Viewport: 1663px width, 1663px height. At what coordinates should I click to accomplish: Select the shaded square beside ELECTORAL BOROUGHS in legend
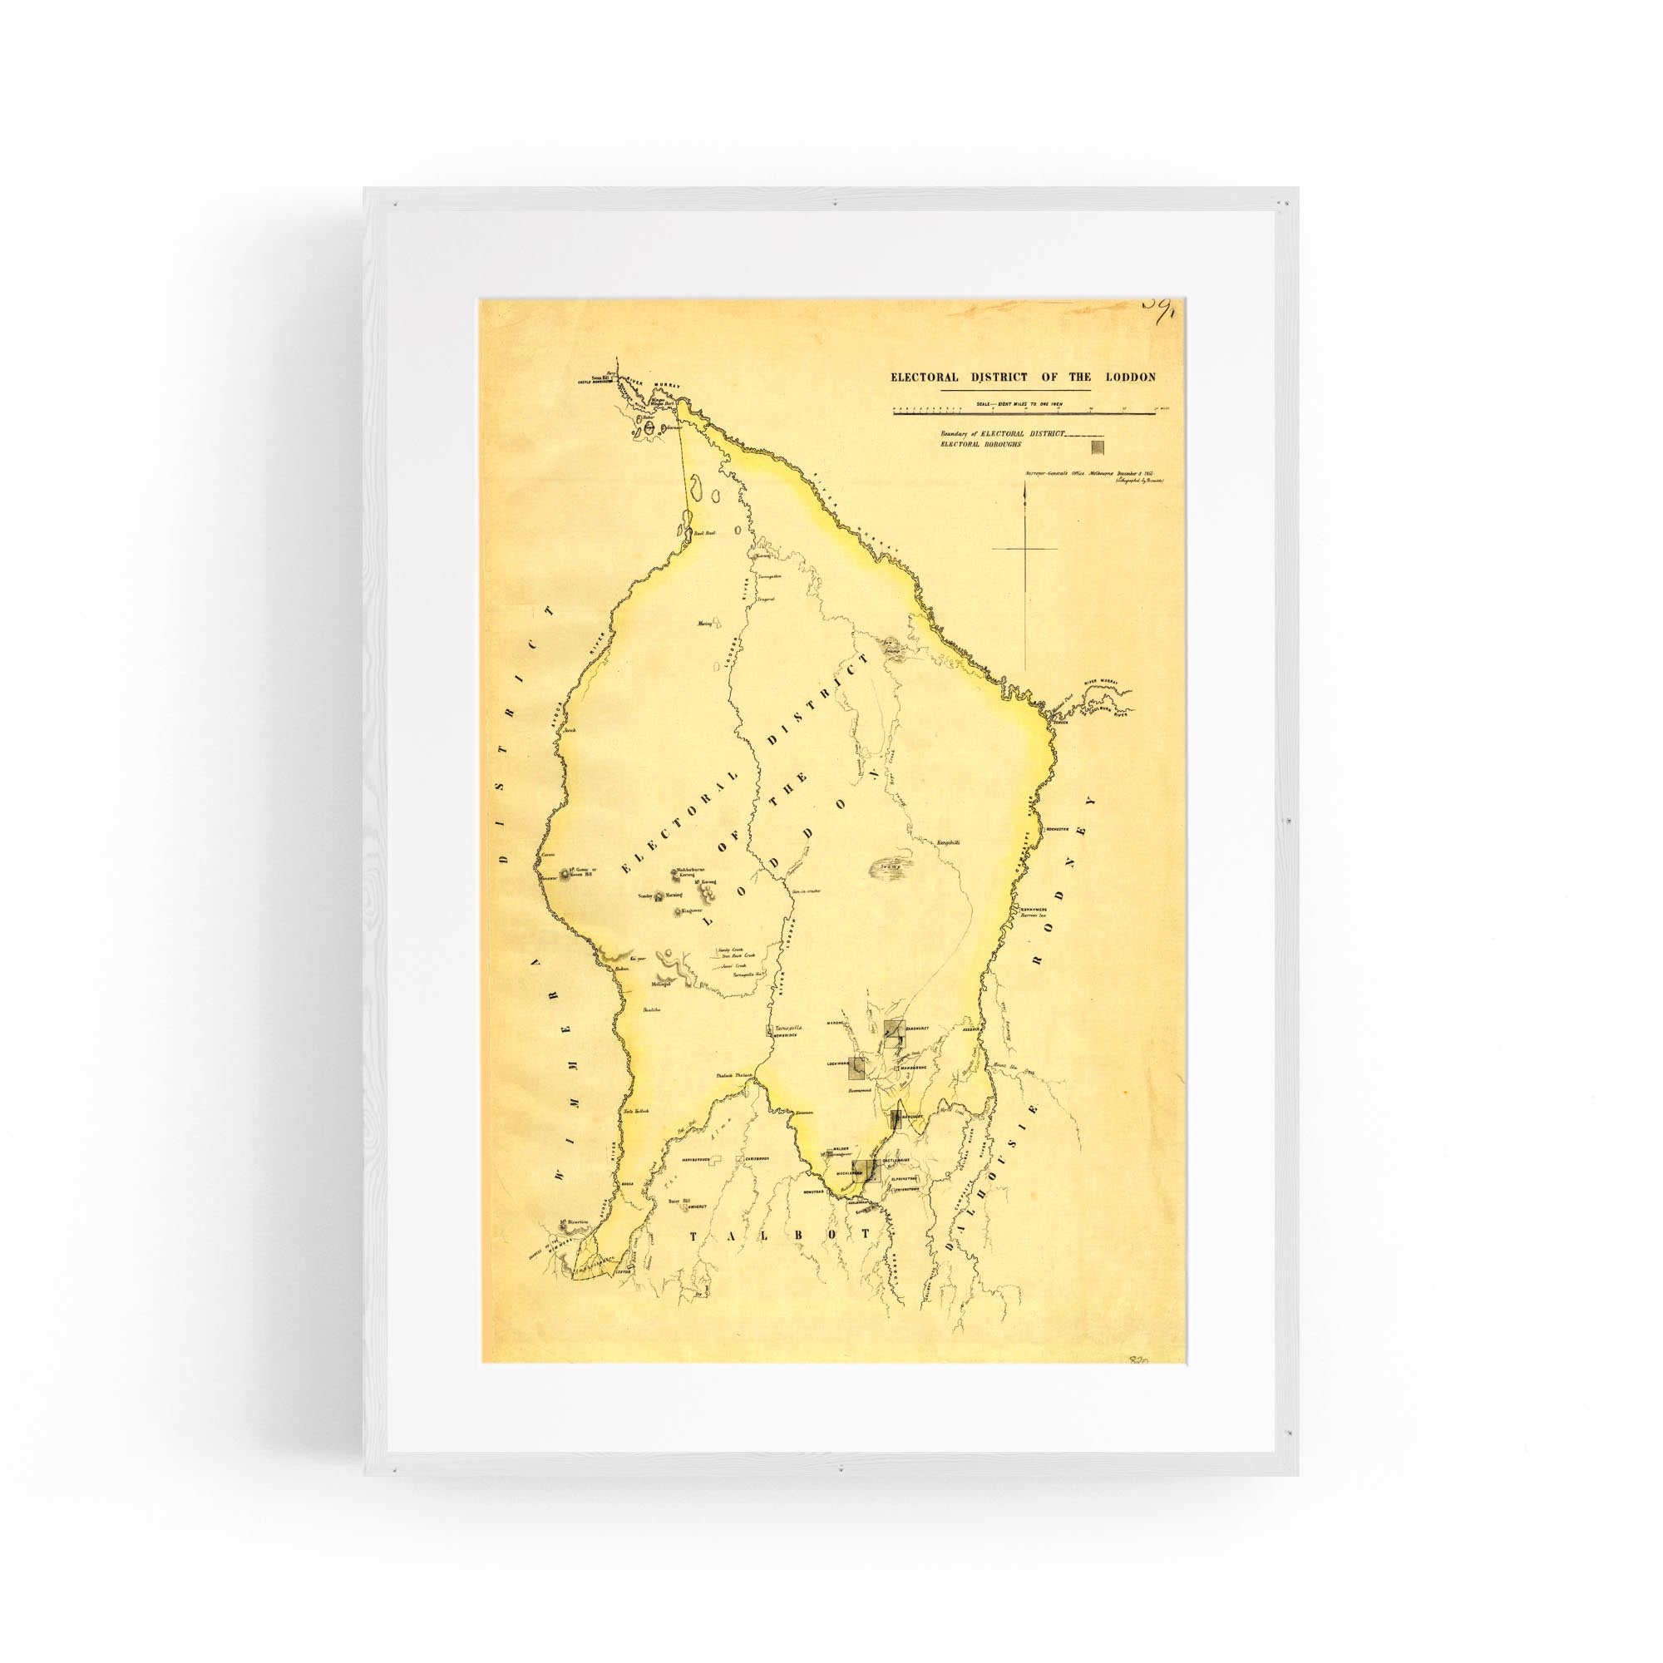pos(1097,447)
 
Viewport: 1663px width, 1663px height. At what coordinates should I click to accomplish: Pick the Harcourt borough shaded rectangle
pos(896,1119)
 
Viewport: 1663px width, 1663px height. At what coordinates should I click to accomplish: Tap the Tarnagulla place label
pos(788,1028)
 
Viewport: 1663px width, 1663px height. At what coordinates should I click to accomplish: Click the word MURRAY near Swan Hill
pos(663,380)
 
